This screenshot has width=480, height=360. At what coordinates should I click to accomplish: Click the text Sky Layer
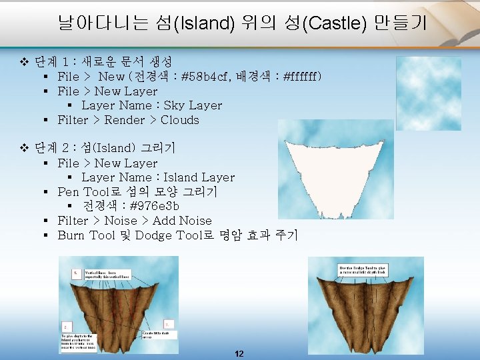(193, 105)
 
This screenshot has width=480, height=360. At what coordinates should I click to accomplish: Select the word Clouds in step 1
(179, 120)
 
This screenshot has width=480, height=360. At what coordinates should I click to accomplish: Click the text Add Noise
(182, 221)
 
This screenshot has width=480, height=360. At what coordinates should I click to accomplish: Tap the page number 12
(239, 353)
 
